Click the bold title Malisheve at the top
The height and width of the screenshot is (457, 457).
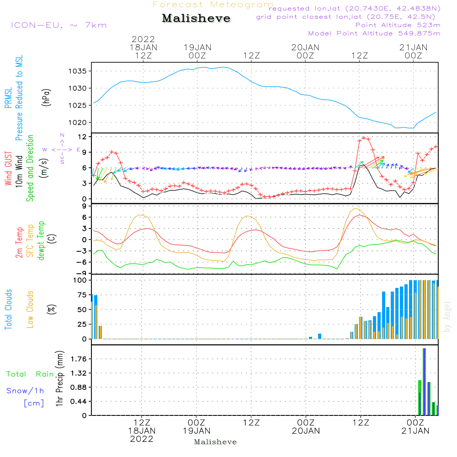click(x=196, y=18)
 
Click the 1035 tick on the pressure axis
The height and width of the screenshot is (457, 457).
click(x=78, y=71)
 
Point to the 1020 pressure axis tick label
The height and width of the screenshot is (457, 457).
click(x=78, y=122)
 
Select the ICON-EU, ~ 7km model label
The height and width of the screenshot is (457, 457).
click(x=59, y=25)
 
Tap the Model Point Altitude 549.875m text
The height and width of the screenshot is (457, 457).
click(x=374, y=33)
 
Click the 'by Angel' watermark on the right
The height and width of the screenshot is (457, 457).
click(x=446, y=317)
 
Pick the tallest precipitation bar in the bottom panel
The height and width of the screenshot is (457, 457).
click(x=425, y=382)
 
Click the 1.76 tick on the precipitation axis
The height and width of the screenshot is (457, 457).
click(x=79, y=359)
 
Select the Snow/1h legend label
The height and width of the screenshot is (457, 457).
click(x=25, y=391)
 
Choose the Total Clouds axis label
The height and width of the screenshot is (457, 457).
click(x=8, y=309)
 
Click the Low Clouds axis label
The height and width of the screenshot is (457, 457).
click(x=30, y=309)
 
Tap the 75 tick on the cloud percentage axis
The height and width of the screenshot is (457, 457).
click(x=82, y=295)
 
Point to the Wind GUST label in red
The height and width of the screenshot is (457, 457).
click(x=8, y=169)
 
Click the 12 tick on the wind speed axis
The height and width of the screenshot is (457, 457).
click(x=82, y=137)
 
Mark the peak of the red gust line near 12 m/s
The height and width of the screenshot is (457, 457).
click(x=364, y=138)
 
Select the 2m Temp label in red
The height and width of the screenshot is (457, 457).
click(x=19, y=243)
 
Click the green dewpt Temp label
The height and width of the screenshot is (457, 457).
click(x=41, y=240)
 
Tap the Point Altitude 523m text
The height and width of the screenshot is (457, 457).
click(x=398, y=25)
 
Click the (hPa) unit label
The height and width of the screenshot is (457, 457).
click(x=46, y=98)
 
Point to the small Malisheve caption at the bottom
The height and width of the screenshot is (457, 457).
click(x=215, y=442)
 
